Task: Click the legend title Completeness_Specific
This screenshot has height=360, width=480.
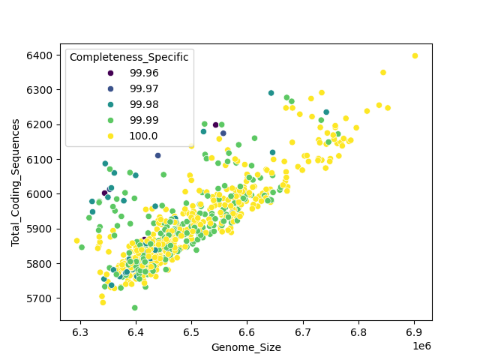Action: (128, 57)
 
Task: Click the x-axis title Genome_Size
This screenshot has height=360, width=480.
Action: (246, 347)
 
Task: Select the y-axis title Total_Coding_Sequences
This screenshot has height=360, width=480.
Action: (15, 182)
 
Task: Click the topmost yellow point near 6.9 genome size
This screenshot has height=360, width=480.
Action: (415, 55)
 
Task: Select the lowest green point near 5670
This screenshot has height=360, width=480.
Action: (135, 307)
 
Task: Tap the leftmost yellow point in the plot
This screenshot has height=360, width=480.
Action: (76, 241)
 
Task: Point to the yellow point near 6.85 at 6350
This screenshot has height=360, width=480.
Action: (383, 73)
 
